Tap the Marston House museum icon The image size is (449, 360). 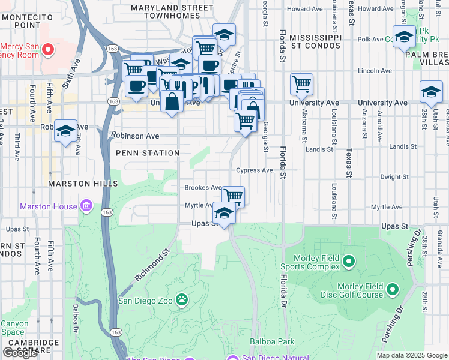click(x=86, y=206)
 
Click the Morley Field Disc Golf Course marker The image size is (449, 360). click(x=393, y=290)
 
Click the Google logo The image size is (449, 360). click(x=20, y=353)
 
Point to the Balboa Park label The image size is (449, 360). click(x=273, y=341)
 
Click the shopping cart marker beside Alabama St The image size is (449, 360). click(x=301, y=84)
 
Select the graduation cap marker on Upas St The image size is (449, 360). click(x=224, y=214)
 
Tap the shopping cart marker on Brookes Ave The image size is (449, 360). click(x=233, y=196)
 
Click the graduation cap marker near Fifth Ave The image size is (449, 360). click(x=65, y=131)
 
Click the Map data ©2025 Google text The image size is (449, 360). click(x=411, y=355)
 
